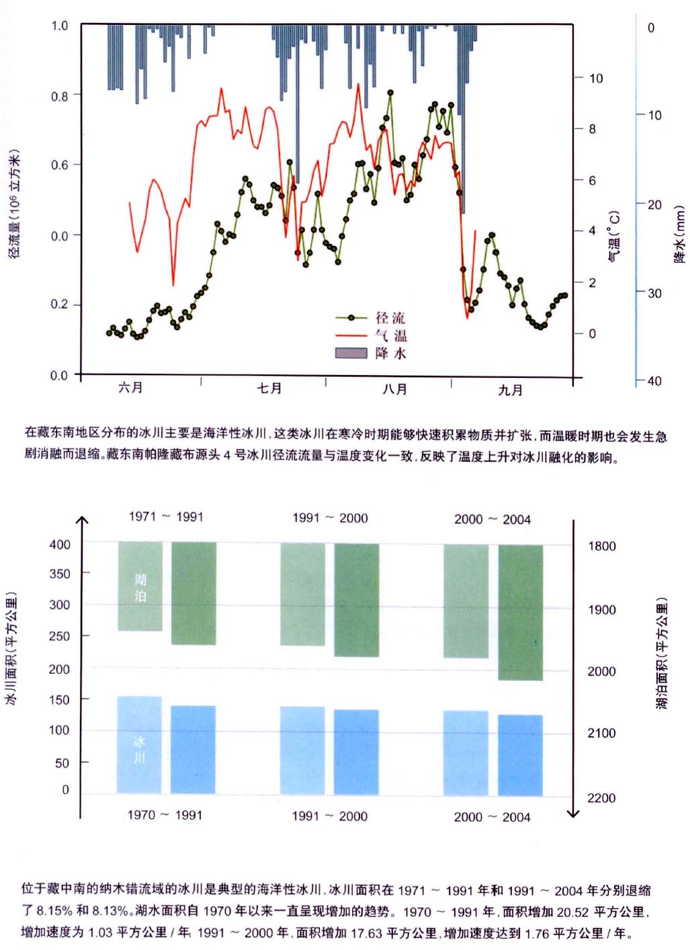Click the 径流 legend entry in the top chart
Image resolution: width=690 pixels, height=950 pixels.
coord(390,318)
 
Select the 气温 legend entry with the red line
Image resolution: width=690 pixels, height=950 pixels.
coord(390,335)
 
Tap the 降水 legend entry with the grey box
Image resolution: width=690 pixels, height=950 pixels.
coord(390,353)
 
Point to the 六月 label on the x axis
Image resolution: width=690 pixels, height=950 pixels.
coord(131,387)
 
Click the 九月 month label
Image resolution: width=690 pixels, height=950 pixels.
coord(511,390)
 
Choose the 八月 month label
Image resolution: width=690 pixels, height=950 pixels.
coord(395,389)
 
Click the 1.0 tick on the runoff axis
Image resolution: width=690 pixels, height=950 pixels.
coord(60,26)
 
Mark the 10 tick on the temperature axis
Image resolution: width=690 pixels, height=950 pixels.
coord(596,78)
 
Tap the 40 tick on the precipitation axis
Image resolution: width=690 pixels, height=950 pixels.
coord(654,381)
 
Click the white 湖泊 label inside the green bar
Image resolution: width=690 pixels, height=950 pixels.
coord(140,587)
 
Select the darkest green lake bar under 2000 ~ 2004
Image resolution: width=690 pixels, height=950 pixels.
coord(521,612)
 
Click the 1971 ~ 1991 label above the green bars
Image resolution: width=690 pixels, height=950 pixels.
coord(166,516)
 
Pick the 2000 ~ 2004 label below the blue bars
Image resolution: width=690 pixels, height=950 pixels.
coord(492,817)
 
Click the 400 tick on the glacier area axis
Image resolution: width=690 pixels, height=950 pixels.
coord(60,544)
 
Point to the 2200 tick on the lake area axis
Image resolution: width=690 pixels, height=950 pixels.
coord(601,797)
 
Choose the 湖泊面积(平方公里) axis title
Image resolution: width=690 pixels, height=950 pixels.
coord(662,653)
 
